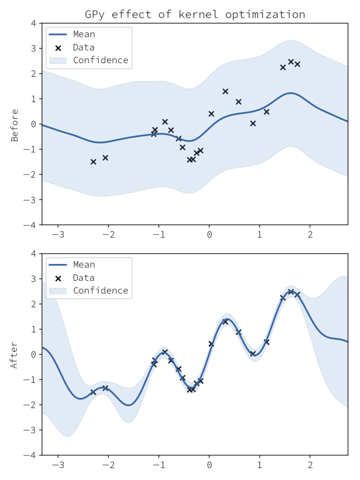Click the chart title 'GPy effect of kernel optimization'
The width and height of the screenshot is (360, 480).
[195, 15]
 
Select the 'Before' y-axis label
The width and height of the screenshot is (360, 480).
[15, 125]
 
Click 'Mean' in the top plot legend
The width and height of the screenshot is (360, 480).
[84, 34]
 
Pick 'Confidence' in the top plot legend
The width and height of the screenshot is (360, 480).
[100, 60]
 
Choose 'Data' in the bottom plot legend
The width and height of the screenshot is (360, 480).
[83, 277]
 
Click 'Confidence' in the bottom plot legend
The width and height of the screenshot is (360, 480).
[100, 291]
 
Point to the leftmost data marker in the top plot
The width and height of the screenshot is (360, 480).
[93, 162]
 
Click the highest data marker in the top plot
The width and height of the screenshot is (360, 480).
[291, 62]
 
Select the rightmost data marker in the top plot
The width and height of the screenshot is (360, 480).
[297, 64]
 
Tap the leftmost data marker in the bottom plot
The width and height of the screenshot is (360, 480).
[93, 392]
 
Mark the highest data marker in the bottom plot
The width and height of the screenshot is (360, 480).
[291, 292]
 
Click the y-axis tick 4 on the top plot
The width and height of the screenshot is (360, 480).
[33, 23]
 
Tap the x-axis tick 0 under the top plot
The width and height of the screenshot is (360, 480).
[209, 233]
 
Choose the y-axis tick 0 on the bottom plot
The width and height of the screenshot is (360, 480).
[33, 354]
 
